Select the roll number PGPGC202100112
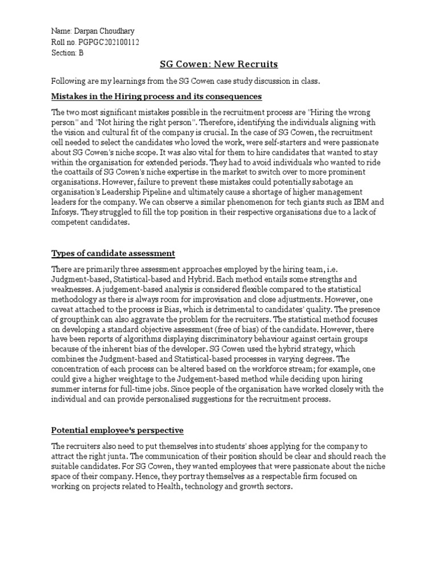108,42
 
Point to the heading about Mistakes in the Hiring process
156,96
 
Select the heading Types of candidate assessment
113,253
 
